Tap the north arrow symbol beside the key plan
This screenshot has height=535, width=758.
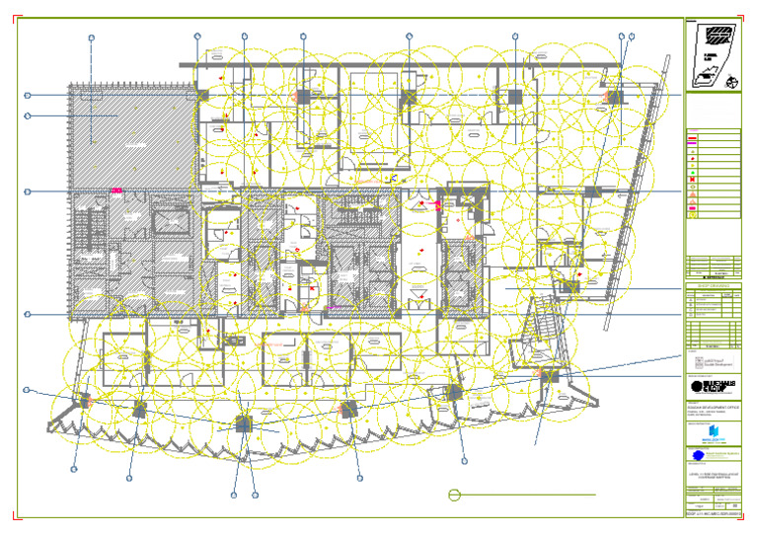click(731, 83)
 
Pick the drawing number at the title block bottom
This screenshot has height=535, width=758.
click(712, 515)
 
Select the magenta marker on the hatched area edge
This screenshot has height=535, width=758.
click(116, 190)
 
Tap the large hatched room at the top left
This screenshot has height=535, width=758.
click(128, 128)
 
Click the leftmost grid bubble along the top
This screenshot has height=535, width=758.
click(91, 38)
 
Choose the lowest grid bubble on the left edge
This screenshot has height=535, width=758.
click(27, 390)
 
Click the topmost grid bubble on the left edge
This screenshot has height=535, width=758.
click(28, 95)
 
